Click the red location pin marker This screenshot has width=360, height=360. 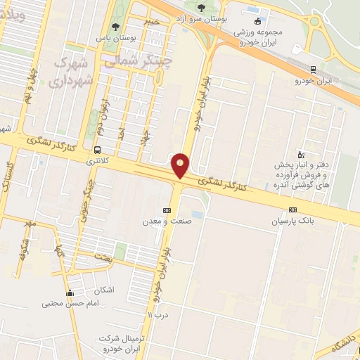(181, 166)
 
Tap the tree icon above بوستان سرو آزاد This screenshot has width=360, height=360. (202, 8)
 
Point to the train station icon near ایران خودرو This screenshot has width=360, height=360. (312, 70)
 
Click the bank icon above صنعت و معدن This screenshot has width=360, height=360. (166, 210)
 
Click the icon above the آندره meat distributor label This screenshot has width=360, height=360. (301, 154)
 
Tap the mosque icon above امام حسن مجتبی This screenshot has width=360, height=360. (69, 293)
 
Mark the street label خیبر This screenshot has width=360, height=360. (151, 22)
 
